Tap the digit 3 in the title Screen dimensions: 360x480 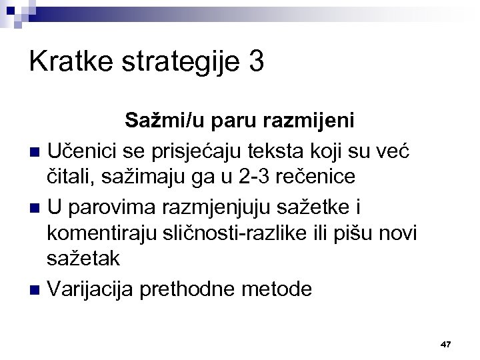[255, 63]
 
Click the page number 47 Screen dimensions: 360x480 [446, 344]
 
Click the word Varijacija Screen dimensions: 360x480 [91, 290]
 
